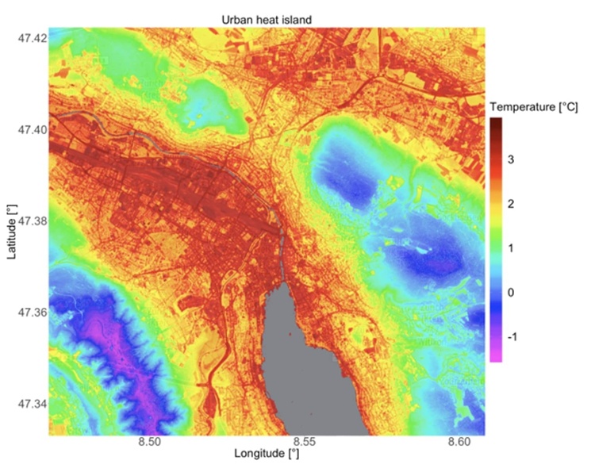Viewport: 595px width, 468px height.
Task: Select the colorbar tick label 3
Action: pos(510,161)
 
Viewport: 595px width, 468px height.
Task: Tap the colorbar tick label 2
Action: pos(510,205)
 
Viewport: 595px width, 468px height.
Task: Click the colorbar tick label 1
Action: pos(510,248)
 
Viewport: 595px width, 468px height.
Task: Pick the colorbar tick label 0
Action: pos(510,292)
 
